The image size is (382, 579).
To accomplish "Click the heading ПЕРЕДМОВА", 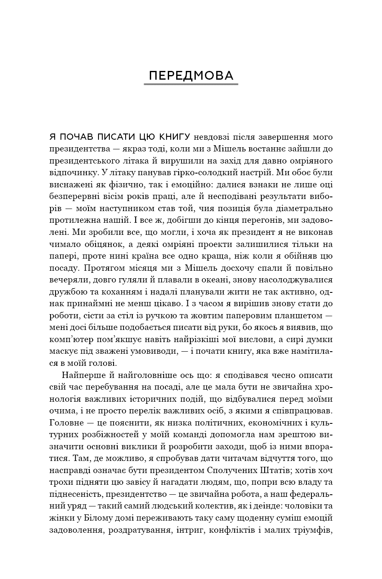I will click(191, 76).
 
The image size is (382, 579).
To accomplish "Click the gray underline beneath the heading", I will click(191, 84).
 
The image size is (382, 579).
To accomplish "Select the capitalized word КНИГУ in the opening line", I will click(175, 137).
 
